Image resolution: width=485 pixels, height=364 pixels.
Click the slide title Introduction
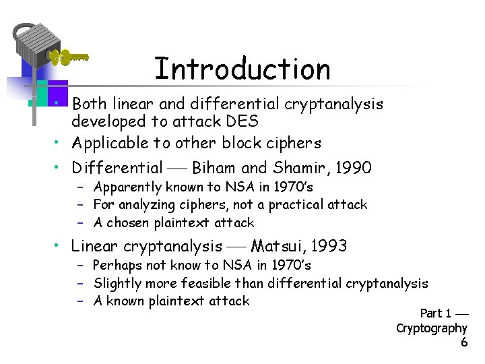[243, 69]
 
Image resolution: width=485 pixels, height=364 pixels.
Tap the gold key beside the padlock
[71, 58]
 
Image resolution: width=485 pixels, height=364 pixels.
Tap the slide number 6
[463, 342]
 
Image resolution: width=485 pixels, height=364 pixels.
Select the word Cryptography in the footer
[431, 328]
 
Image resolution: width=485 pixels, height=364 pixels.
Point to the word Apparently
[127, 187]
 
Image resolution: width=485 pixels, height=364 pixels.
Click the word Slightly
[119, 284]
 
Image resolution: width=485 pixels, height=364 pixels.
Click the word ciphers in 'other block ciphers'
[294, 143]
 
